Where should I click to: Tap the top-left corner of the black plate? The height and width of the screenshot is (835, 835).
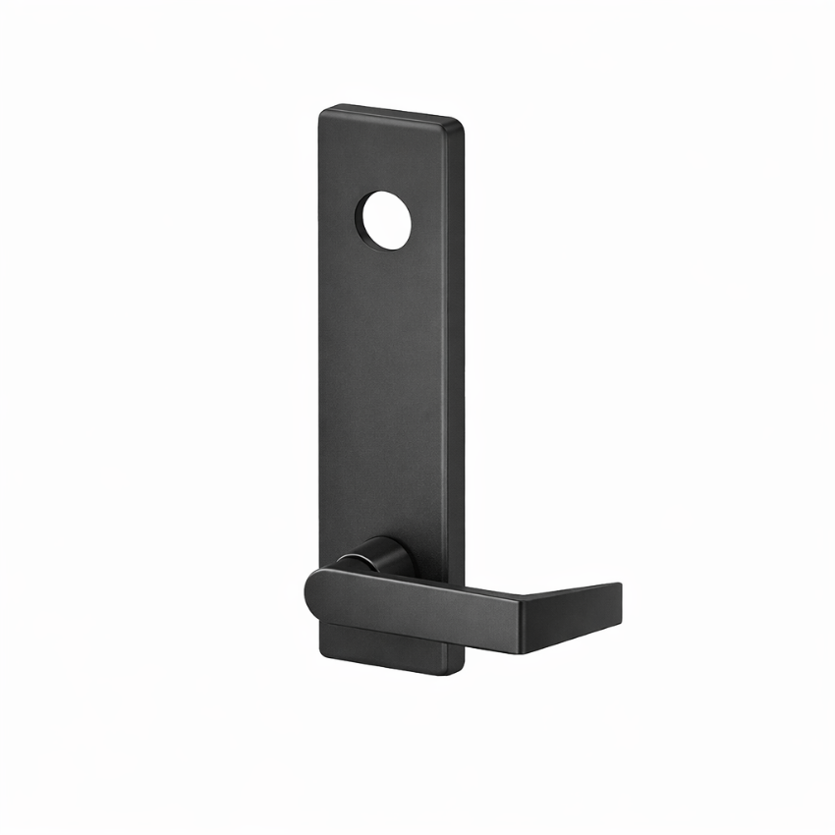click(323, 110)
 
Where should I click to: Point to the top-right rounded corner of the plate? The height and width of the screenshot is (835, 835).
click(458, 124)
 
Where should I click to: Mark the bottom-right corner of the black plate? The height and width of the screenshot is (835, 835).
click(460, 672)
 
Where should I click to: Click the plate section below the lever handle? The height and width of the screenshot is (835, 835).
click(388, 648)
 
